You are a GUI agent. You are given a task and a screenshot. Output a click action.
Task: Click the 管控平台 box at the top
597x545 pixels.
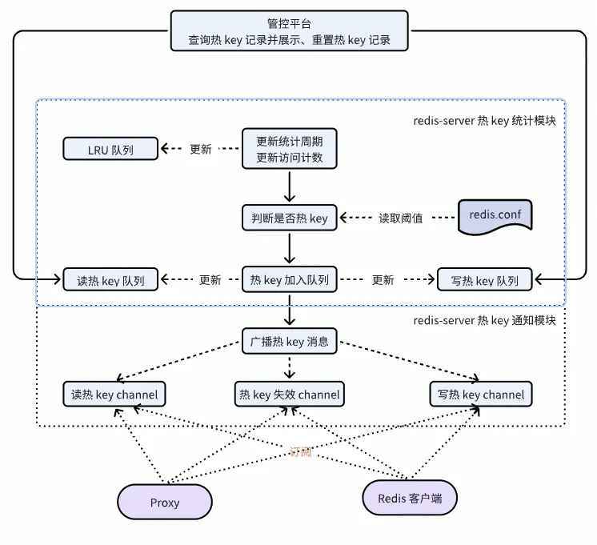click(x=289, y=30)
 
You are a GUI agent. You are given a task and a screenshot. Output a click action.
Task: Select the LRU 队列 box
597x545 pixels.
click(x=110, y=149)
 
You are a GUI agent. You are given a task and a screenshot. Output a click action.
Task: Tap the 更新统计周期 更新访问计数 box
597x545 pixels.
click(x=290, y=149)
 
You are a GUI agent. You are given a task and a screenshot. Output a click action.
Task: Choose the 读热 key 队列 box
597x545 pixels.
click(x=110, y=280)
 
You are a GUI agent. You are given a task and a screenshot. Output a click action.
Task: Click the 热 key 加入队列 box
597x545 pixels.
click(x=290, y=279)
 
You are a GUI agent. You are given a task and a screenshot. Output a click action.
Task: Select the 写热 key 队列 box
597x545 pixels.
click(x=485, y=280)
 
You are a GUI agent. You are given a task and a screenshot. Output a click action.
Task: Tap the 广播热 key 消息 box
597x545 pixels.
click(x=290, y=343)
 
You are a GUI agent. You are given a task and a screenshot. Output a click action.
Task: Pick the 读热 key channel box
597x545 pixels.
click(x=114, y=394)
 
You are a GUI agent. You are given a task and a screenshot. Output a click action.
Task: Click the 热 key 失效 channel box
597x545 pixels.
click(x=290, y=394)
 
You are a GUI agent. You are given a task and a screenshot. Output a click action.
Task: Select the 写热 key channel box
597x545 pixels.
click(x=482, y=394)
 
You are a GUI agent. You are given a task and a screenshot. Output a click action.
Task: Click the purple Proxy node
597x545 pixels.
click(x=165, y=503)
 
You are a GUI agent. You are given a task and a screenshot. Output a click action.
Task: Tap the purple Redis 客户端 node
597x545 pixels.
click(x=410, y=498)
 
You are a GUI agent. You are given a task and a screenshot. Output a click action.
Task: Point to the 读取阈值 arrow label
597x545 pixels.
click(x=400, y=218)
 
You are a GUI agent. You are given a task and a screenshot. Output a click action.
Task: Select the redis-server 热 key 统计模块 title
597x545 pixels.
click(x=484, y=120)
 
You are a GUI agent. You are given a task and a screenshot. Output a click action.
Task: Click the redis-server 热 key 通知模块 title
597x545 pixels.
click(x=484, y=321)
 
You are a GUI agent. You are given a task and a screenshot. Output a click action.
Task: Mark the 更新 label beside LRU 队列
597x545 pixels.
click(x=200, y=149)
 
